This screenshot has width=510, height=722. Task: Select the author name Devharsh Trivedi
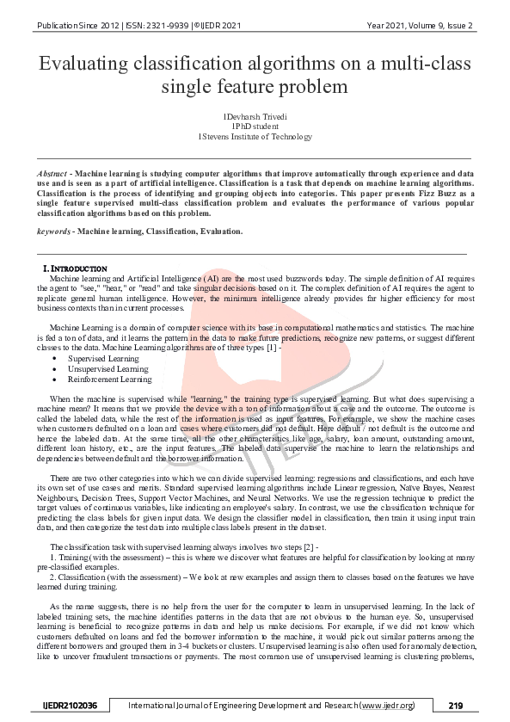[x=256, y=114]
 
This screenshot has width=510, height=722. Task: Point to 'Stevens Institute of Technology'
[x=256, y=136]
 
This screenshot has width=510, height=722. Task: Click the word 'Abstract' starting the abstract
[x=52, y=173]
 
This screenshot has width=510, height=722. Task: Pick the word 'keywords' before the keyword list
[x=53, y=231]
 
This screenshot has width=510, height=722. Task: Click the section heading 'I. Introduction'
[x=76, y=269]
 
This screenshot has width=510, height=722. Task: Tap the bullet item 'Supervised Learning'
[x=97, y=357]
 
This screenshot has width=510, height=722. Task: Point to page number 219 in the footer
[x=455, y=706]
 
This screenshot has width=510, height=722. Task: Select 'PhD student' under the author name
[x=256, y=125]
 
